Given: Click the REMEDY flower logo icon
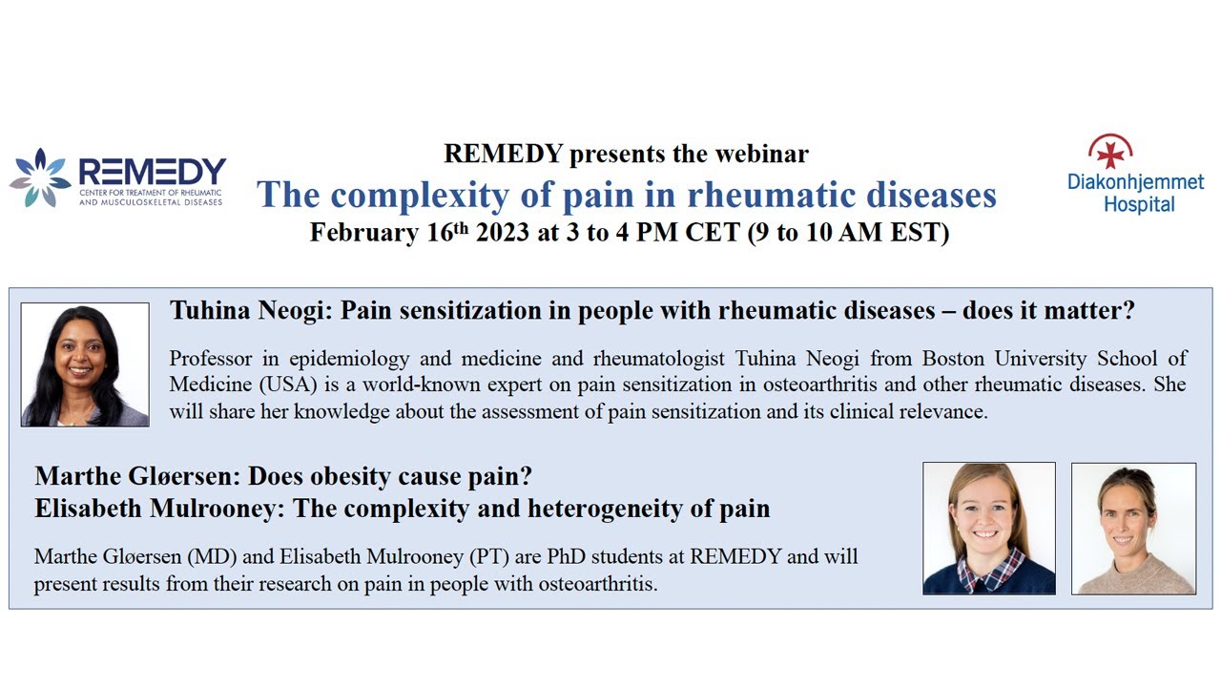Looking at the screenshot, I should coord(40,177).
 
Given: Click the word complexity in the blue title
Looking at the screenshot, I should coord(404,195).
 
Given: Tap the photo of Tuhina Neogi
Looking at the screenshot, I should coord(85,364).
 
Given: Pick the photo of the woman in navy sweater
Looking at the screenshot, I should coord(989,528).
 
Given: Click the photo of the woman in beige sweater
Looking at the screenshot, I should coord(1133,528).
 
